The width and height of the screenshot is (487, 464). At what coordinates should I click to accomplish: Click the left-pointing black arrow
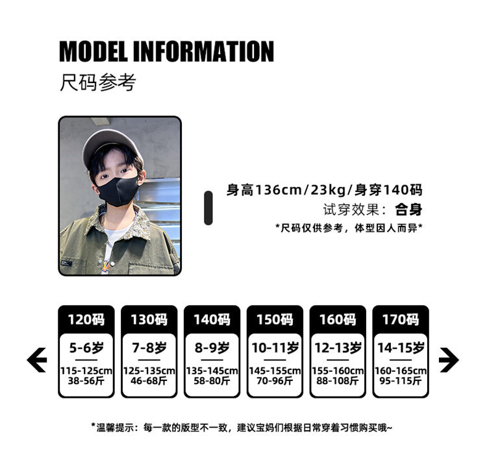(x=36, y=360)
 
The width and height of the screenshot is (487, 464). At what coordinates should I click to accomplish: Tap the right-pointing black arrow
(x=449, y=360)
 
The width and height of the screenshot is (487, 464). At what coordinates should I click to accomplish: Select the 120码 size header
(x=86, y=319)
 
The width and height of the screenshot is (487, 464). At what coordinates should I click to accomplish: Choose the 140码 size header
(x=212, y=319)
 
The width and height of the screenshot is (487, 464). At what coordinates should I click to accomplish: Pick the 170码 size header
(x=400, y=319)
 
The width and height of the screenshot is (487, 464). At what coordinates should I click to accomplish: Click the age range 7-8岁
(x=149, y=348)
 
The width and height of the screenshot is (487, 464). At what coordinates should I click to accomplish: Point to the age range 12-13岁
(x=338, y=348)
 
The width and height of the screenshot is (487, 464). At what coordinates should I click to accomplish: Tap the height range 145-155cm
(x=275, y=371)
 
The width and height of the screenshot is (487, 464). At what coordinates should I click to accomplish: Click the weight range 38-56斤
(x=86, y=381)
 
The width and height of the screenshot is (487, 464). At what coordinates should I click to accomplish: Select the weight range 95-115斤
(x=400, y=381)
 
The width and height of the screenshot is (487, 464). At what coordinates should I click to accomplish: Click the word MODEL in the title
(x=97, y=51)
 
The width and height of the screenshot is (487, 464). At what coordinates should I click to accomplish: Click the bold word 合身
(x=409, y=210)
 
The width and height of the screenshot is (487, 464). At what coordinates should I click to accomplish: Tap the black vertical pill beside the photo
(x=208, y=208)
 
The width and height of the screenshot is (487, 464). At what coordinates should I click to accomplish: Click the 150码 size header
(x=275, y=319)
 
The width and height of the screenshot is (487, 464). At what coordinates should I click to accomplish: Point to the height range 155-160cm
(x=338, y=371)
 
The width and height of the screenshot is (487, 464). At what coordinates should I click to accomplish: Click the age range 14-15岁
(x=400, y=348)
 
